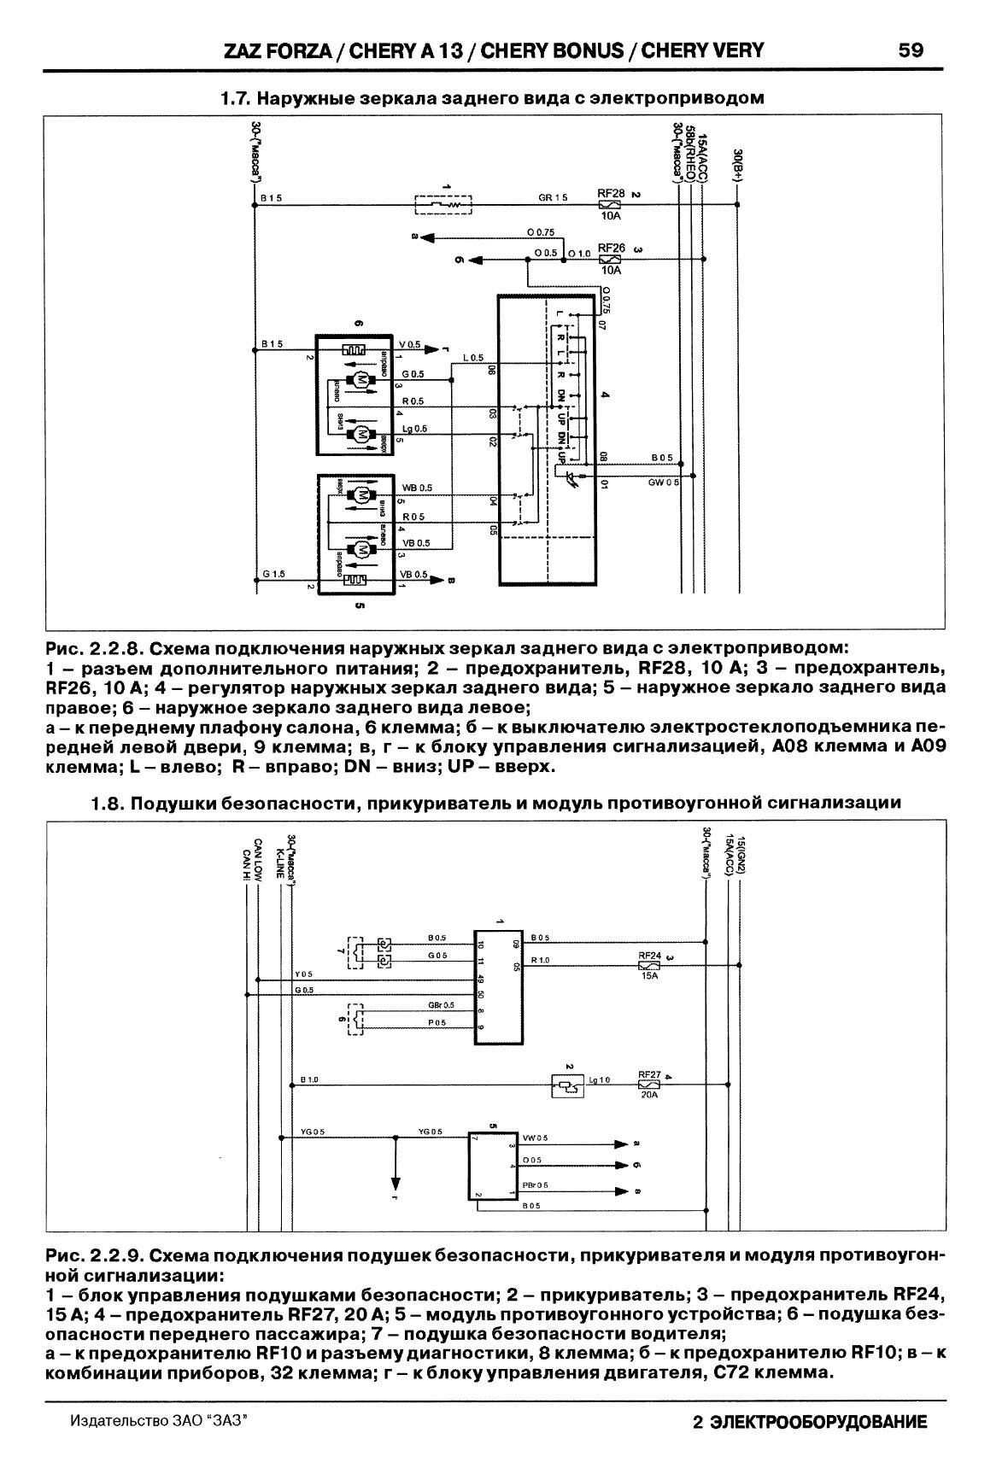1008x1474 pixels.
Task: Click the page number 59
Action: click(911, 50)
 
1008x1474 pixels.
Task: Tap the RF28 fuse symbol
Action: click(611, 205)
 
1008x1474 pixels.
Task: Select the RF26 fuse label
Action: click(611, 248)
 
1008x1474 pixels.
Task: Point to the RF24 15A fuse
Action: click(650, 965)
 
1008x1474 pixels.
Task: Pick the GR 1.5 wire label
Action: click(553, 197)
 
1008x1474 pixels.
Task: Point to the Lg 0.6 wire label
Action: click(414, 429)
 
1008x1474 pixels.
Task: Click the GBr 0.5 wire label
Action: click(441, 1005)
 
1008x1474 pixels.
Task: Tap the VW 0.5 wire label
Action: click(535, 1138)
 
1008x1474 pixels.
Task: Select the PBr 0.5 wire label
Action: click(536, 1184)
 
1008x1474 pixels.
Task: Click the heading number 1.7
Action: click(234, 98)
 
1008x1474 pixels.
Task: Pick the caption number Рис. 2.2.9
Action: click(92, 1256)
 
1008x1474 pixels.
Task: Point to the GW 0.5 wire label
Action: click(664, 483)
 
